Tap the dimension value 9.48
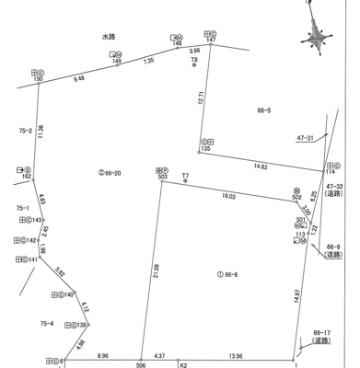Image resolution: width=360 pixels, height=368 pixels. pos(79,79)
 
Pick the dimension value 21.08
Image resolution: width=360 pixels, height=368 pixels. pos(157,270)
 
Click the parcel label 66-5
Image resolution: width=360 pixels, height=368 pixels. pos(263,110)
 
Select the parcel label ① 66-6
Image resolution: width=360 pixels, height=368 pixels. pos(227,275)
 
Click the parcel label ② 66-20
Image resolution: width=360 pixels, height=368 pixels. pos(110,173)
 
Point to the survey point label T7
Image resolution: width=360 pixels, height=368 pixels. pos(185,175)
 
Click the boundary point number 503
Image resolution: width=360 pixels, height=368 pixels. pos(162,177)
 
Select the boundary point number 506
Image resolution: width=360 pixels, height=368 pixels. pos(140,363)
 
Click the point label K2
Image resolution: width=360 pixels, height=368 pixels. pos(182,363)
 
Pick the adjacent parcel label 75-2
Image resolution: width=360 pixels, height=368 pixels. pos(25,131)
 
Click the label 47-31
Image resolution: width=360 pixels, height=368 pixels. pos(305,138)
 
